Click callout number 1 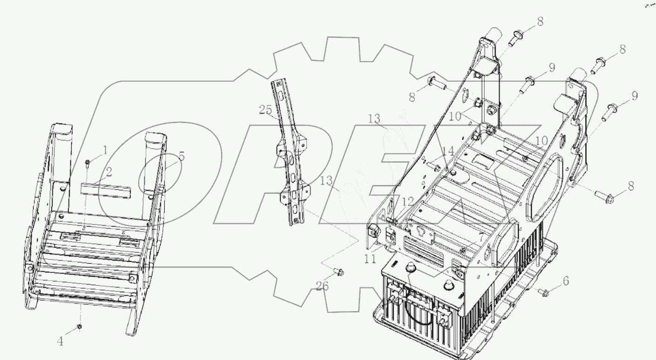[x=105, y=151]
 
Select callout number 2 [x=109, y=172]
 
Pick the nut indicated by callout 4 [x=79, y=327]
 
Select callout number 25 [x=265, y=110]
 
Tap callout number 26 [x=322, y=286]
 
